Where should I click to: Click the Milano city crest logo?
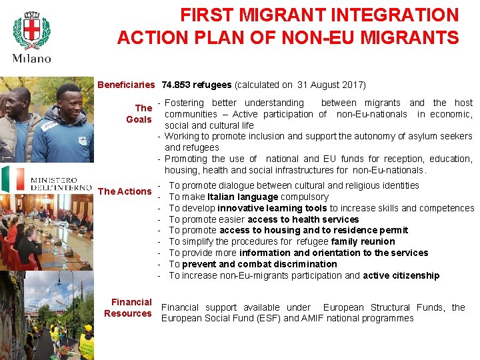pos(31,31)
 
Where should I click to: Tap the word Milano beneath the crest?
pos(31,59)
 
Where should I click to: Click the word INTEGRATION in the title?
pos(399,15)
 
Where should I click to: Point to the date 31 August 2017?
pos(329,85)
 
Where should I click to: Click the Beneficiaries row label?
pos(126,85)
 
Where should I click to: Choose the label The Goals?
pos(139,113)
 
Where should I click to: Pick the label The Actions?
pos(125,191)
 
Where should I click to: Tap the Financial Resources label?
pos(129,307)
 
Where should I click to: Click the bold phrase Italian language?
pos(243,197)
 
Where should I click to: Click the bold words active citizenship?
pos(401,275)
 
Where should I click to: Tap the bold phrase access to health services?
pos(303,219)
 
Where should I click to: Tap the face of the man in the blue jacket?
pos(67,101)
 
